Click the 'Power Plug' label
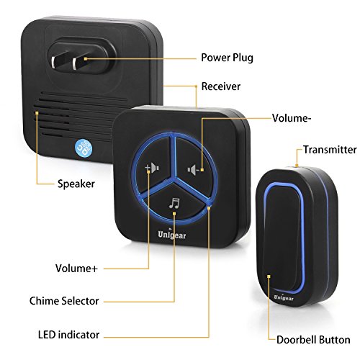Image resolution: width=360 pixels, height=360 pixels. pos(227,58)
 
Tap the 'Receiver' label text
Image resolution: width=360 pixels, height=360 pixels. pos(221,86)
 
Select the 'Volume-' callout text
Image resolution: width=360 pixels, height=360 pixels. pos(292,118)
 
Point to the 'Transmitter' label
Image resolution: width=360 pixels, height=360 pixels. pos(330,150)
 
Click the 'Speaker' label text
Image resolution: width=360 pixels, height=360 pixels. pos(76,184)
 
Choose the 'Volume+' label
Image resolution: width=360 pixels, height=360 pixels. pos(76,269)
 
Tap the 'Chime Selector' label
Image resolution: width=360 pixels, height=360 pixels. pos(64,301)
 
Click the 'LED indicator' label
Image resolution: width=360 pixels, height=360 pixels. pos(68,335)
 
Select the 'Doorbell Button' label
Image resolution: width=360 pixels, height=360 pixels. pos(313,340)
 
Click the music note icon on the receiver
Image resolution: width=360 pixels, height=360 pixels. pos(174,203)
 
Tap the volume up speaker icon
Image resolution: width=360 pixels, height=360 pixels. pos(153,167)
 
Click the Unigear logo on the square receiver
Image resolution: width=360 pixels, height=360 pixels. pos(172,235)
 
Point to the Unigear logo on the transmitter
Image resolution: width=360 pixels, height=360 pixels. pos(284,297)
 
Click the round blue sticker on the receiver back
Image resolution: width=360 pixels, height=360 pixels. pos(84,148)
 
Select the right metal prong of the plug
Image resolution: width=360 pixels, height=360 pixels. pos(77,63)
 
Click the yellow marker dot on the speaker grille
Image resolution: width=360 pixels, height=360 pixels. pos(37,113)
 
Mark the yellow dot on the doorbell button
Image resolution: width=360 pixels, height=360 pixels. pos(269,276)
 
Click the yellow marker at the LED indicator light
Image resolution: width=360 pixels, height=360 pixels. pos(209,208)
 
